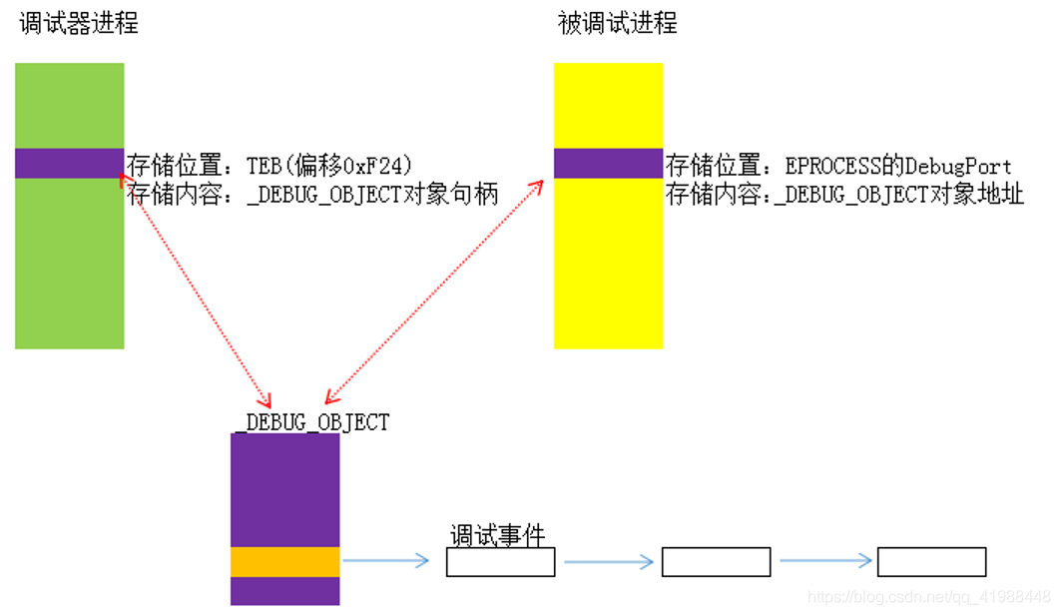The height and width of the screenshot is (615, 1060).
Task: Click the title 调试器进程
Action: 79,23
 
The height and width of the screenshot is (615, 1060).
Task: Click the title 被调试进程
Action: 617,23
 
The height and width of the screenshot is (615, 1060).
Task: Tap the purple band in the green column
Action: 69,163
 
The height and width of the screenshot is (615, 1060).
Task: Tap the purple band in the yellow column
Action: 608,163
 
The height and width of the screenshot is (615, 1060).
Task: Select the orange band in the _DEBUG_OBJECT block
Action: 284,561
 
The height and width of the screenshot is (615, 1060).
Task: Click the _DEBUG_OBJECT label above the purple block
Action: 312,421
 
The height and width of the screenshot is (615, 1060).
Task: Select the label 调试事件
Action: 497,536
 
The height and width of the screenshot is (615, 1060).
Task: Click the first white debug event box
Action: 500,562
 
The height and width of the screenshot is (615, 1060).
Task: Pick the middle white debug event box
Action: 716,562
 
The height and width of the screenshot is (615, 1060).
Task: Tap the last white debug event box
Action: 931,562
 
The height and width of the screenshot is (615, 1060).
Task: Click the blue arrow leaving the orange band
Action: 385,561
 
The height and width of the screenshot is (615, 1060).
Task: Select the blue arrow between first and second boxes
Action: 608,562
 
